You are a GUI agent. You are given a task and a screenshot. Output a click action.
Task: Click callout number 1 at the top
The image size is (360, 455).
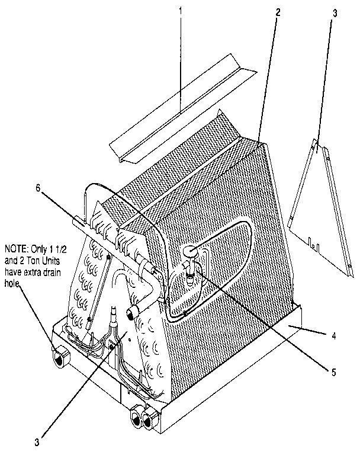(181, 11)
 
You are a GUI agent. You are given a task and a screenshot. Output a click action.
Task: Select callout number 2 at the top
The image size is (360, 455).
(278, 12)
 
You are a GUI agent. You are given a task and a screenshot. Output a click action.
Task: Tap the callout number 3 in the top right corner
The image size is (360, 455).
(335, 14)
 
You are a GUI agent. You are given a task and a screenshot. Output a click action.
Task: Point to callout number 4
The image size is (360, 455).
(334, 336)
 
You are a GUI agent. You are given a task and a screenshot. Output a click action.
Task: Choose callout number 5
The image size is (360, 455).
(333, 372)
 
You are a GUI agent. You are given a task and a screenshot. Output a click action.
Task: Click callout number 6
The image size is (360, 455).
(38, 188)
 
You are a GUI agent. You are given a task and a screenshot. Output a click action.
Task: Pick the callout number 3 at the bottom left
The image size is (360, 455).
(37, 443)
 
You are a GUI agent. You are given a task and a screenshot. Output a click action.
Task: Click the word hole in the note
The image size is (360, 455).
(12, 284)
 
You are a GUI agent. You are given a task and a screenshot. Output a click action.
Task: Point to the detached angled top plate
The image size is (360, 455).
(183, 109)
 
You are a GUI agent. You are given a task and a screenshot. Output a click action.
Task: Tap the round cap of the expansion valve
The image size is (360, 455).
(190, 250)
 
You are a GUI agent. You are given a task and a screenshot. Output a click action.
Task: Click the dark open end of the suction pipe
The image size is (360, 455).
(130, 314)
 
